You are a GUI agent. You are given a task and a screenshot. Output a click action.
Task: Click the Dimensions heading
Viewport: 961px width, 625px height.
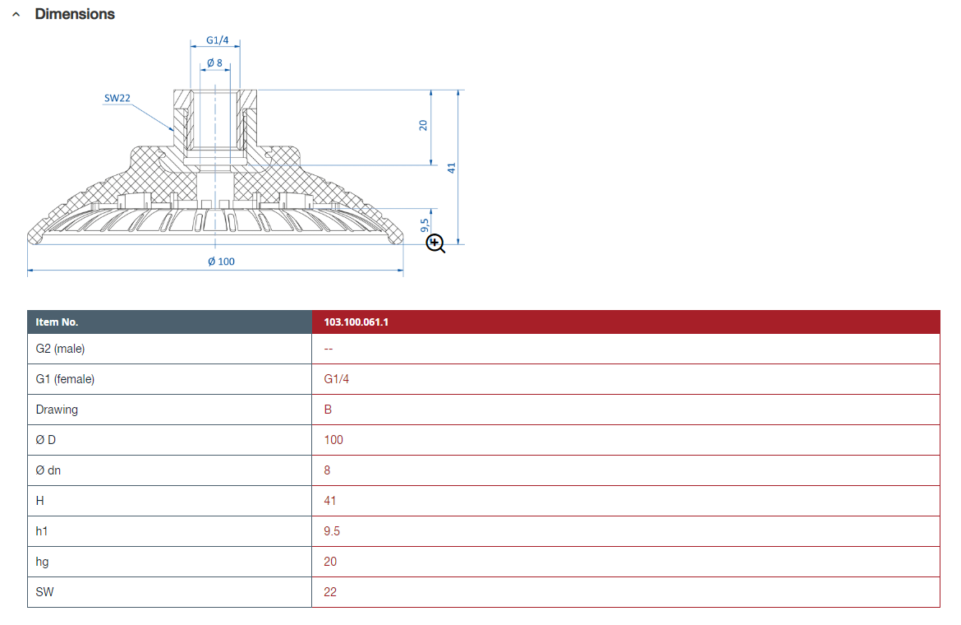[75, 14]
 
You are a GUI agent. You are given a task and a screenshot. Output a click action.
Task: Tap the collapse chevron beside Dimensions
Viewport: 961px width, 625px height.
[16, 14]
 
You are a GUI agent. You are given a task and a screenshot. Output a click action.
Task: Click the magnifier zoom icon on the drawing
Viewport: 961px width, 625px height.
[436, 243]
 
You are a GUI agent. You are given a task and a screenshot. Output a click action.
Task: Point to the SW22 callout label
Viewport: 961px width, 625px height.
[117, 98]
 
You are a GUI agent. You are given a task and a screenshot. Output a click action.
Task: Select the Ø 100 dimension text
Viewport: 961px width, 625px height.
[221, 262]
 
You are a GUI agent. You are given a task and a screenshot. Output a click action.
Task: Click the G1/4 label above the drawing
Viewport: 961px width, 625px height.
[217, 40]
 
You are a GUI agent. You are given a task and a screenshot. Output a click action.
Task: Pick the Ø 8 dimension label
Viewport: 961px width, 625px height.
[214, 62]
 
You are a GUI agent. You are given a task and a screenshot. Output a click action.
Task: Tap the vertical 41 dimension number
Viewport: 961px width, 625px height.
[452, 168]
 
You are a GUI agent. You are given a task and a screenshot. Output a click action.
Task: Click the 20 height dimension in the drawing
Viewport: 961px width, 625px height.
[423, 125]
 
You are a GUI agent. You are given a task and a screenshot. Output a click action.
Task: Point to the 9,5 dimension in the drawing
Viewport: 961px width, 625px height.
[425, 225]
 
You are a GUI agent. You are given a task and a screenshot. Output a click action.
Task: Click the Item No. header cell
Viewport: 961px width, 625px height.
[57, 322]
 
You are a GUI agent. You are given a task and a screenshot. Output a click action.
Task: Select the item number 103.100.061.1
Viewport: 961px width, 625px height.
[356, 322]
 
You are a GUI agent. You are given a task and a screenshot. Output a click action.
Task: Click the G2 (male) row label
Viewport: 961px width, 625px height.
[60, 349]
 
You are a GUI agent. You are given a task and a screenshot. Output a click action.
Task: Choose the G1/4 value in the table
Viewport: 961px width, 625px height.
[337, 379]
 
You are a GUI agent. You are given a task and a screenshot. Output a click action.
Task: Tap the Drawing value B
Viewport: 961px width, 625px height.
[328, 410]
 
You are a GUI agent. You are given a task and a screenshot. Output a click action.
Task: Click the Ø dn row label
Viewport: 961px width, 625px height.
[48, 470]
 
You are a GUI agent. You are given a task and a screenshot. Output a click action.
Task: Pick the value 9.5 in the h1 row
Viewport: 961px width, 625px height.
[332, 531]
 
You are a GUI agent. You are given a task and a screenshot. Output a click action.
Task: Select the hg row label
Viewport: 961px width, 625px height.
[42, 562]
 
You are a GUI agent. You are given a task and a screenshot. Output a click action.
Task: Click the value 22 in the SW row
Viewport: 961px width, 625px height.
[330, 592]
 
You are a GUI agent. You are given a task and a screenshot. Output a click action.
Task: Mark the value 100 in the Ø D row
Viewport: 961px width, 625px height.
[333, 440]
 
